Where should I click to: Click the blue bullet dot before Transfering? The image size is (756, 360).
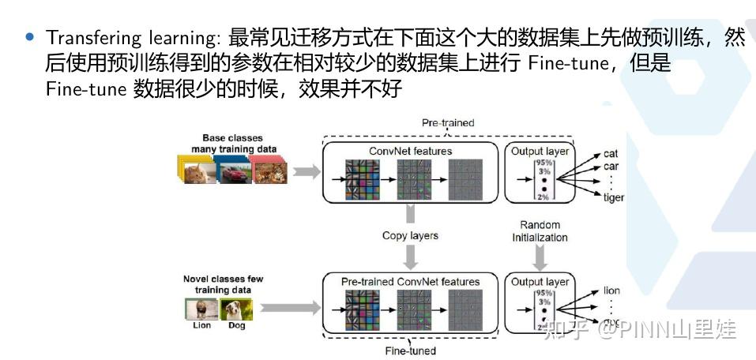tap(30, 36)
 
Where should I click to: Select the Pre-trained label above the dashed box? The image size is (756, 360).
tap(447, 122)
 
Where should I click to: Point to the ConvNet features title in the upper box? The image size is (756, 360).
tap(411, 151)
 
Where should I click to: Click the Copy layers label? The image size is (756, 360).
tap(409, 235)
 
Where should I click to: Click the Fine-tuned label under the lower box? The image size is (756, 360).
tap(410, 351)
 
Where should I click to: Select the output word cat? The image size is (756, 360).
tap(611, 154)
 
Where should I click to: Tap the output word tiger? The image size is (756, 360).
tap(614, 197)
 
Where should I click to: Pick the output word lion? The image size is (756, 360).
tap(611, 291)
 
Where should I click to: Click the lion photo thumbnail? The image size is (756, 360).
tap(202, 309)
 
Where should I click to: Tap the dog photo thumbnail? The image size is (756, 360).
tap(236, 309)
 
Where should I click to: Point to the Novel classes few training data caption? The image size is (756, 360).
tap(223, 284)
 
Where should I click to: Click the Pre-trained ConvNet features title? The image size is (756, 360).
tap(410, 282)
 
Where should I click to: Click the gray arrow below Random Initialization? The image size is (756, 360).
tap(540, 257)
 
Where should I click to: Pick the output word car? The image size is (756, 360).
tap(611, 167)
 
